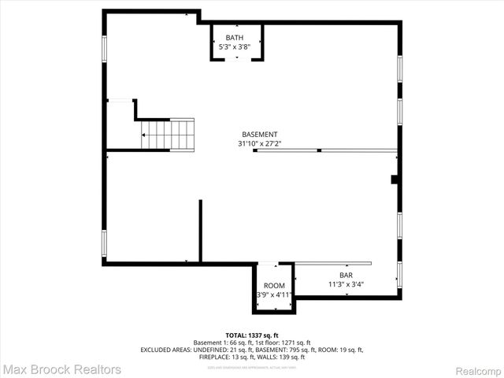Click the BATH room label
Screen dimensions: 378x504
point(235,38)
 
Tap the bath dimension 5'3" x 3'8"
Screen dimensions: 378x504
point(235,46)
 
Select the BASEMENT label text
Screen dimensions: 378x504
point(259,135)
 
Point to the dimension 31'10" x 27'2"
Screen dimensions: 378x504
point(259,144)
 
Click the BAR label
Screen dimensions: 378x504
point(346,275)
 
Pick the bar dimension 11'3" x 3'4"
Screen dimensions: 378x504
point(346,284)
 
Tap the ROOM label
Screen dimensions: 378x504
point(274,285)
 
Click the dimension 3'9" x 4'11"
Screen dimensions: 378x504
point(274,295)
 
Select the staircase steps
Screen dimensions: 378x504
point(167,134)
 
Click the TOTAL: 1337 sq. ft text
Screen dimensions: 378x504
point(252,335)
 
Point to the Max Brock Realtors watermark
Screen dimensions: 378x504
point(61,369)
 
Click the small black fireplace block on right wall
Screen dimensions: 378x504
point(395,180)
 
